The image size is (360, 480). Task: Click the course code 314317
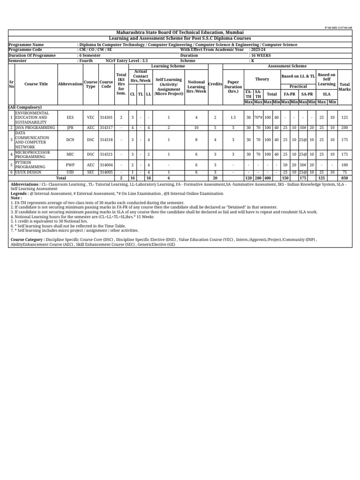106,127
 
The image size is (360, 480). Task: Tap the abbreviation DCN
70,140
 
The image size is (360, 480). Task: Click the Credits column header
215,84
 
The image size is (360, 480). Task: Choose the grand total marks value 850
345,178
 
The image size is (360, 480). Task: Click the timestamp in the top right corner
337,28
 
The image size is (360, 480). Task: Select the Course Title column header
36,84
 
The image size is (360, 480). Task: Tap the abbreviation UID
70,172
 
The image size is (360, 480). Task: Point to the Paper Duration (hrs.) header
233,87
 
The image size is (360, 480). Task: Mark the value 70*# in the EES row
258,118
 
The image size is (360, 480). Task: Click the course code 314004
106,165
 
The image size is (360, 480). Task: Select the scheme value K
252,61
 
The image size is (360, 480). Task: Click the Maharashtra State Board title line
180,32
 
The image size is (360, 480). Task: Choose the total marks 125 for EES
345,118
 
